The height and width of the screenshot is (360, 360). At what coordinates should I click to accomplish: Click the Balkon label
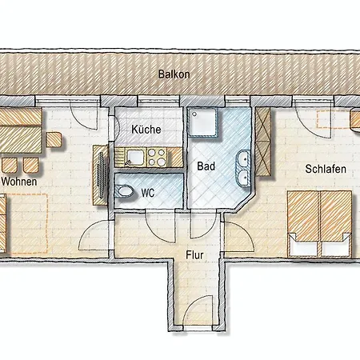(x=174, y=74)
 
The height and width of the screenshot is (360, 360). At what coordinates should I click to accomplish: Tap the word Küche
(x=146, y=130)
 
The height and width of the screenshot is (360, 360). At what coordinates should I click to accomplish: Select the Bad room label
(x=206, y=166)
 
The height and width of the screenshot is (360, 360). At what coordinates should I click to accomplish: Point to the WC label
(x=148, y=193)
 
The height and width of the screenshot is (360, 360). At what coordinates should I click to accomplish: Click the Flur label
(x=194, y=255)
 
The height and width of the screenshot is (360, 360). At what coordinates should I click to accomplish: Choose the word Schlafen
(x=326, y=169)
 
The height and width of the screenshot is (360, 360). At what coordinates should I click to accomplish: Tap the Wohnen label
(x=19, y=182)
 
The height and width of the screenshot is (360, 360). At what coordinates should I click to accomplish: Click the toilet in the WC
(x=125, y=191)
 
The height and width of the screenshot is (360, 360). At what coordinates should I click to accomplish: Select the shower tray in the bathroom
(x=202, y=122)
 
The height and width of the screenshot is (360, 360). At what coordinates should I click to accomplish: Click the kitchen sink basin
(x=135, y=157)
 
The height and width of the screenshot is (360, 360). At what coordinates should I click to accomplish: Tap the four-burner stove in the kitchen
(x=157, y=157)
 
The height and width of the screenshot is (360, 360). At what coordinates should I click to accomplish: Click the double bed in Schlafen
(x=320, y=223)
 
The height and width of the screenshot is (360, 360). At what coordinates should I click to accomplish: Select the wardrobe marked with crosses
(x=263, y=142)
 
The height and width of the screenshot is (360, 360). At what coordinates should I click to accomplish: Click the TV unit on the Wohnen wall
(x=101, y=175)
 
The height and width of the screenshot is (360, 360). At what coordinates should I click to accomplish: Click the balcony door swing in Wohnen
(x=84, y=115)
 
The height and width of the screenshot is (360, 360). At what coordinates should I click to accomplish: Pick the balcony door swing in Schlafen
(x=313, y=119)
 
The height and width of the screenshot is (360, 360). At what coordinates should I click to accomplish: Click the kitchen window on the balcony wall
(x=158, y=101)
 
